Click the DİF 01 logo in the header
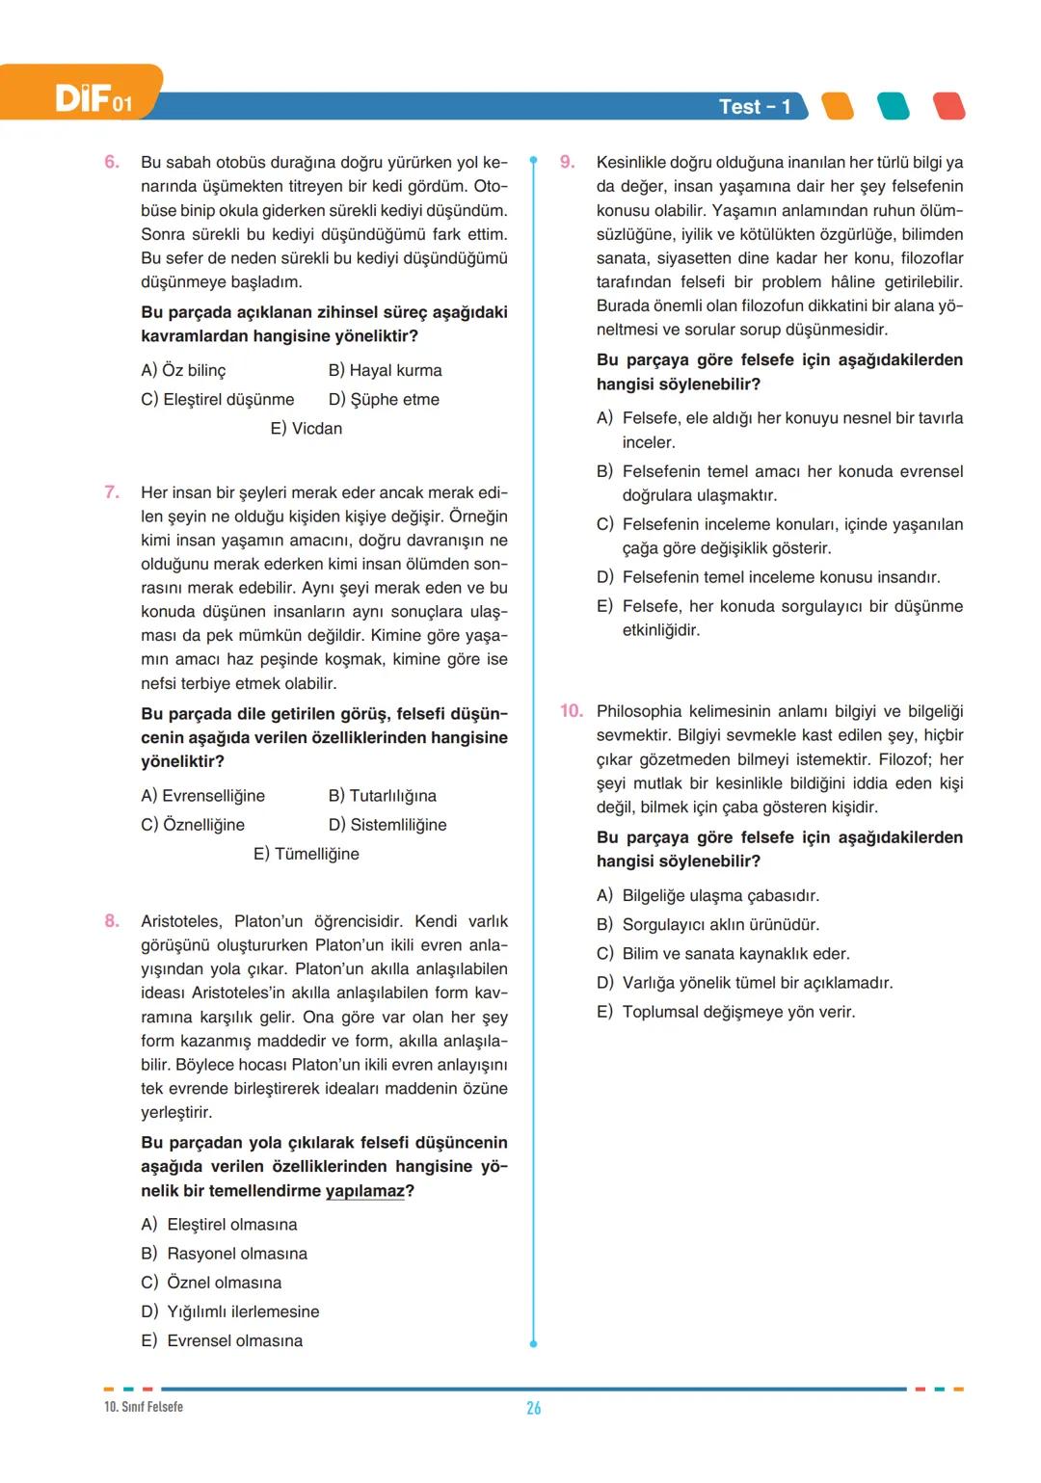[93, 98]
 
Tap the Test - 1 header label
[755, 107]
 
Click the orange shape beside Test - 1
[838, 106]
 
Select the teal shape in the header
[894, 106]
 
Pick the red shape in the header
[949, 106]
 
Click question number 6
[112, 162]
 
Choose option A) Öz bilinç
[183, 370]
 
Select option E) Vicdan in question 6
[306, 428]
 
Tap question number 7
[112, 492]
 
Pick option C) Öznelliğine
[193, 825]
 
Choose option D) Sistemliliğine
[387, 825]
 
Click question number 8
[112, 921]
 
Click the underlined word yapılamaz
[365, 1191]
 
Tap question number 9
[568, 162]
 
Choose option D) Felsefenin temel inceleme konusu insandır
[768, 577]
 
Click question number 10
[572, 711]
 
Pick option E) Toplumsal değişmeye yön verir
[726, 1012]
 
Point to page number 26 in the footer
[533, 1408]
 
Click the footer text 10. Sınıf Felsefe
[144, 1407]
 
